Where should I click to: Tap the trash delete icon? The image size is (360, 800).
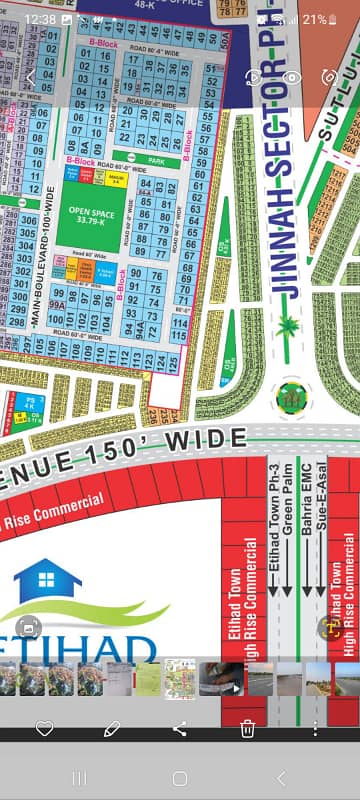click(248, 729)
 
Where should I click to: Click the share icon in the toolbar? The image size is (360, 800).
click(180, 729)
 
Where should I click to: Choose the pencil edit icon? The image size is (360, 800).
click(112, 729)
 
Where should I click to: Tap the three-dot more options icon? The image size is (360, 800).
click(316, 729)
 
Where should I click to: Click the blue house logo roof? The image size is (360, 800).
click(47, 578)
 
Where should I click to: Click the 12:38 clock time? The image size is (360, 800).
click(38, 19)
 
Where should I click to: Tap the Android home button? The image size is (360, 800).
click(180, 778)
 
